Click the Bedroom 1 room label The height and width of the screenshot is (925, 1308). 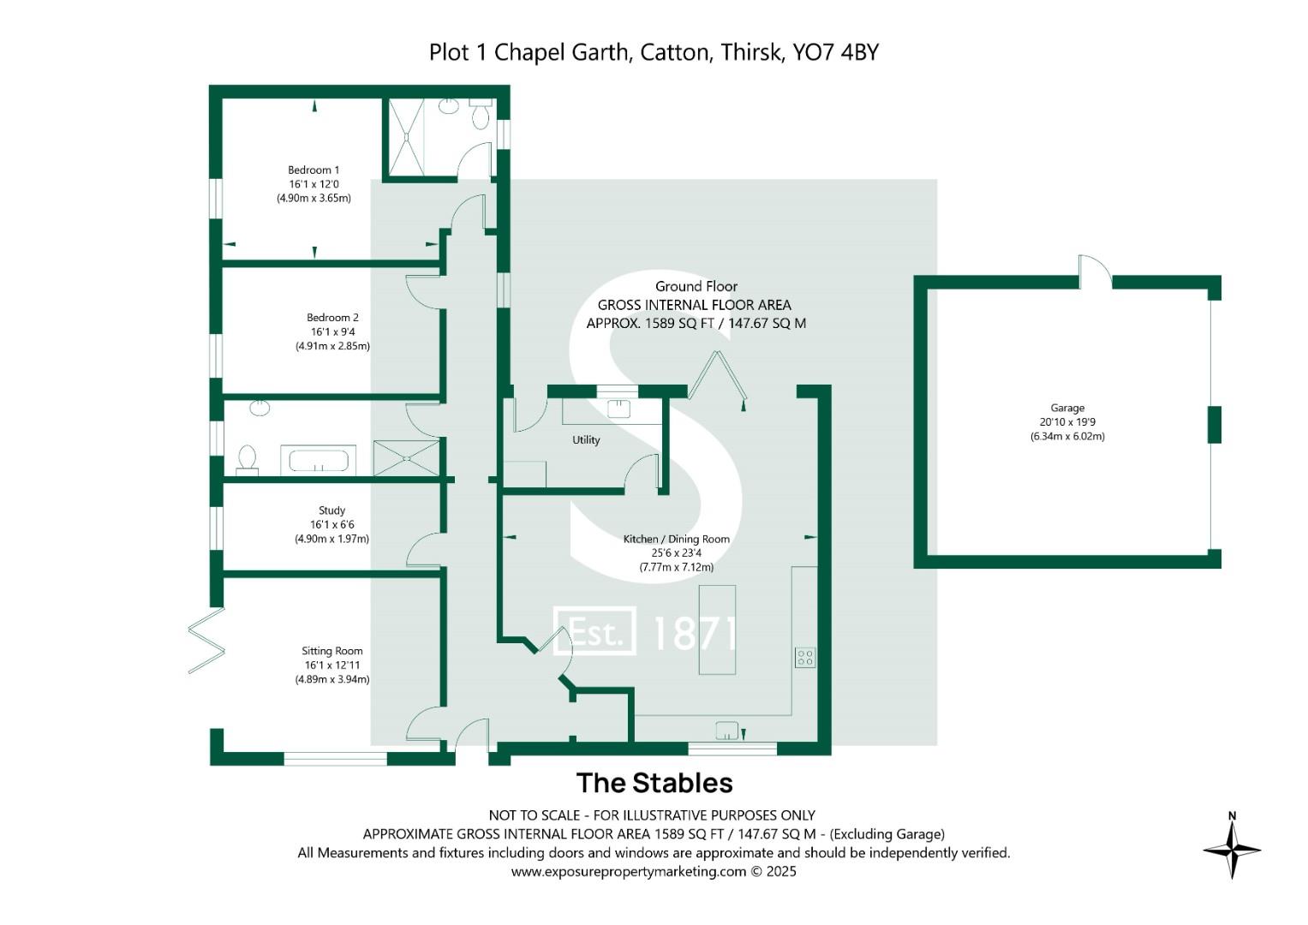pos(314,170)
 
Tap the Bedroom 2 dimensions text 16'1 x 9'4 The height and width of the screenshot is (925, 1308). pos(332,331)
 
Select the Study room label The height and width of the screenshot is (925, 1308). pos(331,510)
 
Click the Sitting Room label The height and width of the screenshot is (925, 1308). pos(331,651)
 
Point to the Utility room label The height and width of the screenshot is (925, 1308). pos(586,440)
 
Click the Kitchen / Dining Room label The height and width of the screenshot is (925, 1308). pos(676,539)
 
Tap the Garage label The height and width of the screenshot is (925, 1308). pos(1067,409)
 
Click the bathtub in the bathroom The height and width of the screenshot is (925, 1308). pos(319,461)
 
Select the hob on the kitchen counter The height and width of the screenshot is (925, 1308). pos(804,657)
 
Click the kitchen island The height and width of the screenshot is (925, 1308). pos(717,629)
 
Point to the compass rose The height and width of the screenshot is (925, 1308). pos(1232,850)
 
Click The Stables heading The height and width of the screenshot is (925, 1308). pos(654,783)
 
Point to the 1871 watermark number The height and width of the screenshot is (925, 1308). pos(693,633)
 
